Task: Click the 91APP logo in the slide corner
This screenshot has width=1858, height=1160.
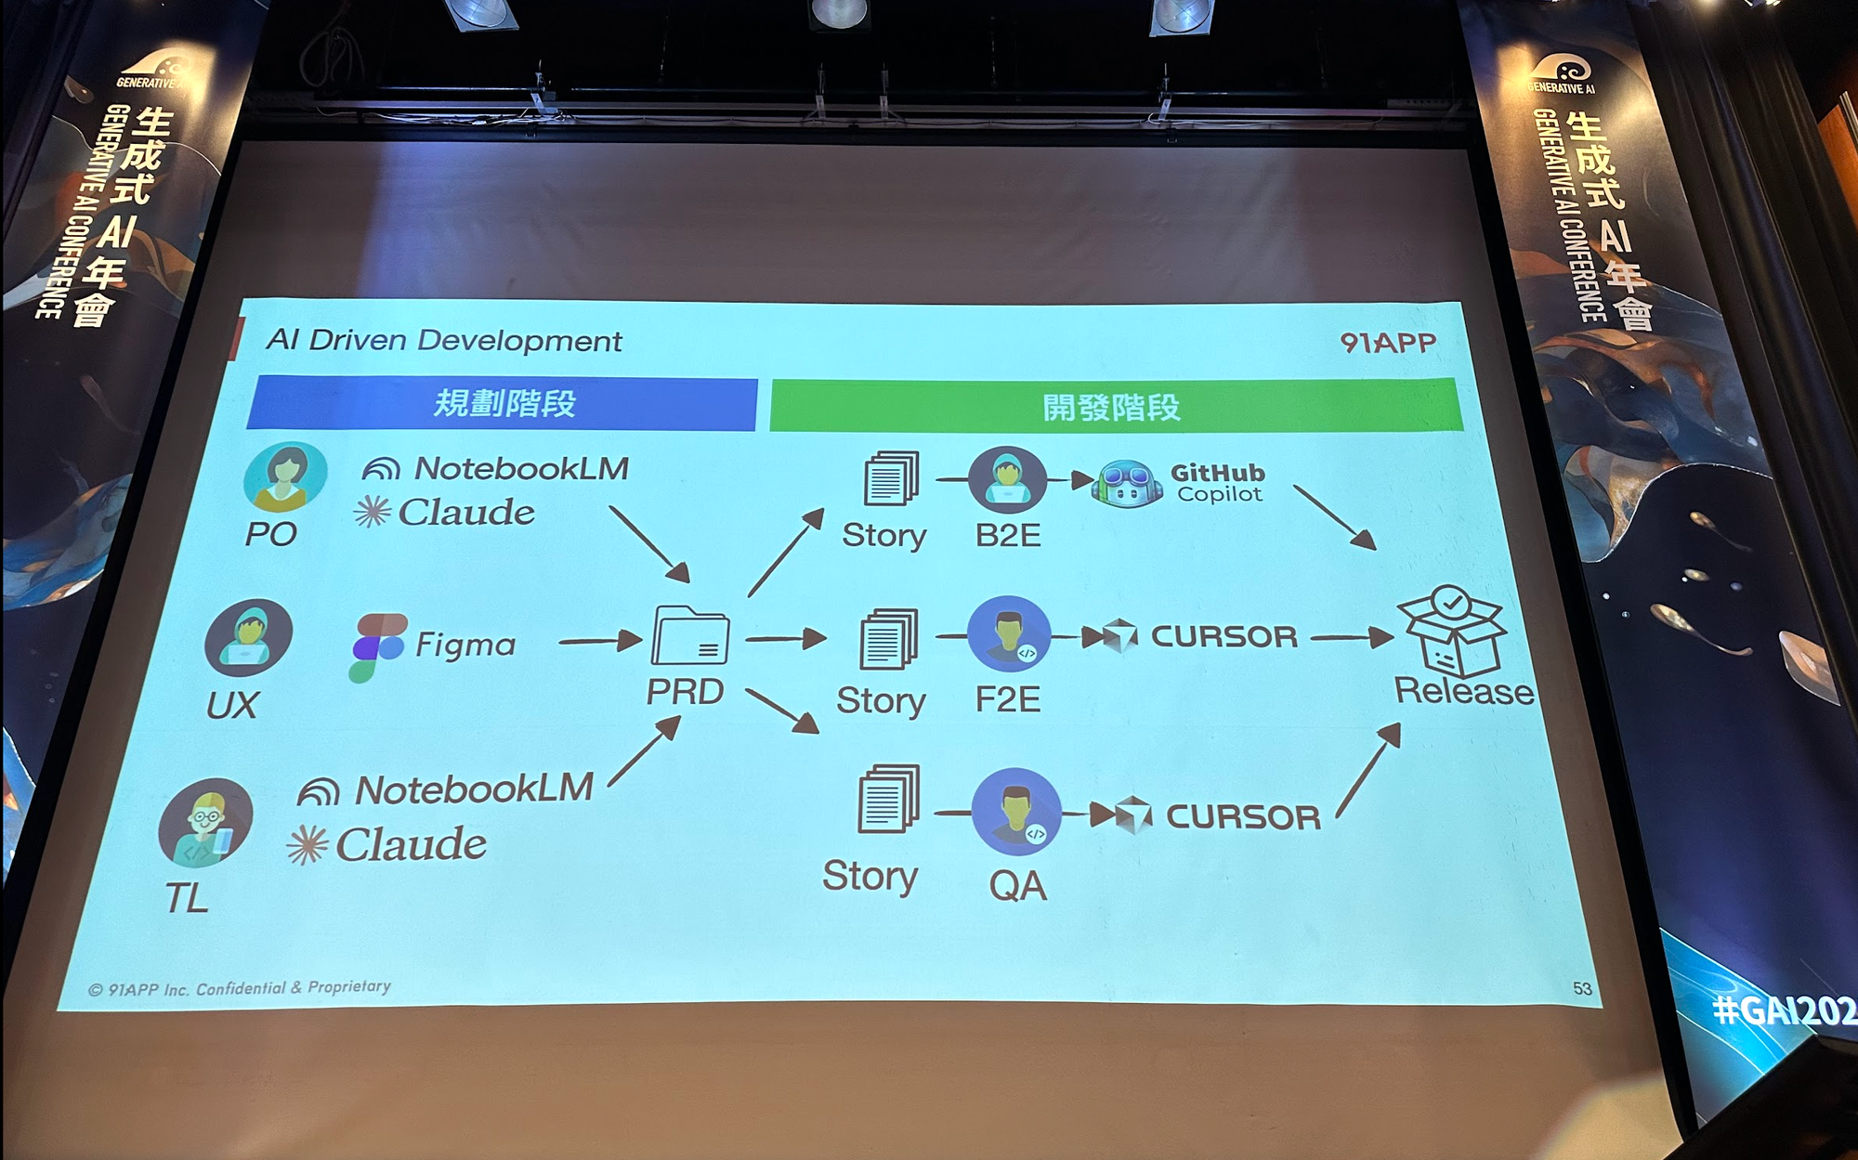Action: click(x=1388, y=343)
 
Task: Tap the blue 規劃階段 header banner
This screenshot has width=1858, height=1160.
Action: click(x=503, y=403)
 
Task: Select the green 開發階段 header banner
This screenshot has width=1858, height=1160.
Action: click(x=1114, y=406)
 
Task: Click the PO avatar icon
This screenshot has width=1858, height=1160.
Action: click(x=285, y=476)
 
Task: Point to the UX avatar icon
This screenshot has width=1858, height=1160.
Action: click(x=248, y=637)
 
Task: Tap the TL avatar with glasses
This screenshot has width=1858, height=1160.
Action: click(x=206, y=823)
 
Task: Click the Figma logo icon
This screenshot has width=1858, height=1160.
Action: click(x=377, y=646)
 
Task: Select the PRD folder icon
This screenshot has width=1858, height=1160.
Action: click(x=690, y=636)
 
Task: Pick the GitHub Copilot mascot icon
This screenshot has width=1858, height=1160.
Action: click(x=1129, y=484)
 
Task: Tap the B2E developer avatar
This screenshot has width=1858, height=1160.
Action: click(x=1007, y=479)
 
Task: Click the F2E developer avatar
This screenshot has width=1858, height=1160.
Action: click(x=1009, y=634)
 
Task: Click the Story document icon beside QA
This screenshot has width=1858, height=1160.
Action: click(x=888, y=799)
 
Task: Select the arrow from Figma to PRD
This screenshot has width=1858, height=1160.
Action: click(x=600, y=640)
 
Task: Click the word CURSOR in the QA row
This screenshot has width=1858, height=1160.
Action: click(x=1243, y=817)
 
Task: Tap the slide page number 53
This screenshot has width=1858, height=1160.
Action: click(x=1582, y=988)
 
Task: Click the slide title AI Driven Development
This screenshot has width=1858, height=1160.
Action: click(x=444, y=341)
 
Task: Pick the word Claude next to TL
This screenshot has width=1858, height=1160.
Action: click(x=411, y=845)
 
